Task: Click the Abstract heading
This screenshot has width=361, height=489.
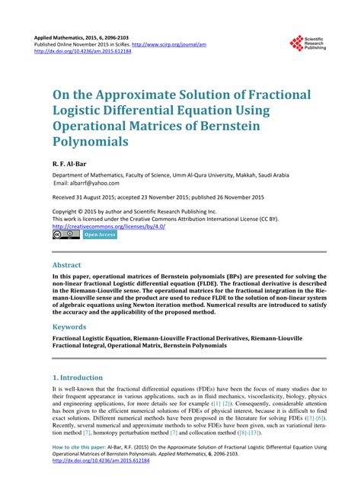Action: (68, 266)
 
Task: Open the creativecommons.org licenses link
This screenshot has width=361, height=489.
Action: (109, 226)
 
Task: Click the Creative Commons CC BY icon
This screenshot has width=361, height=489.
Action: (61, 235)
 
